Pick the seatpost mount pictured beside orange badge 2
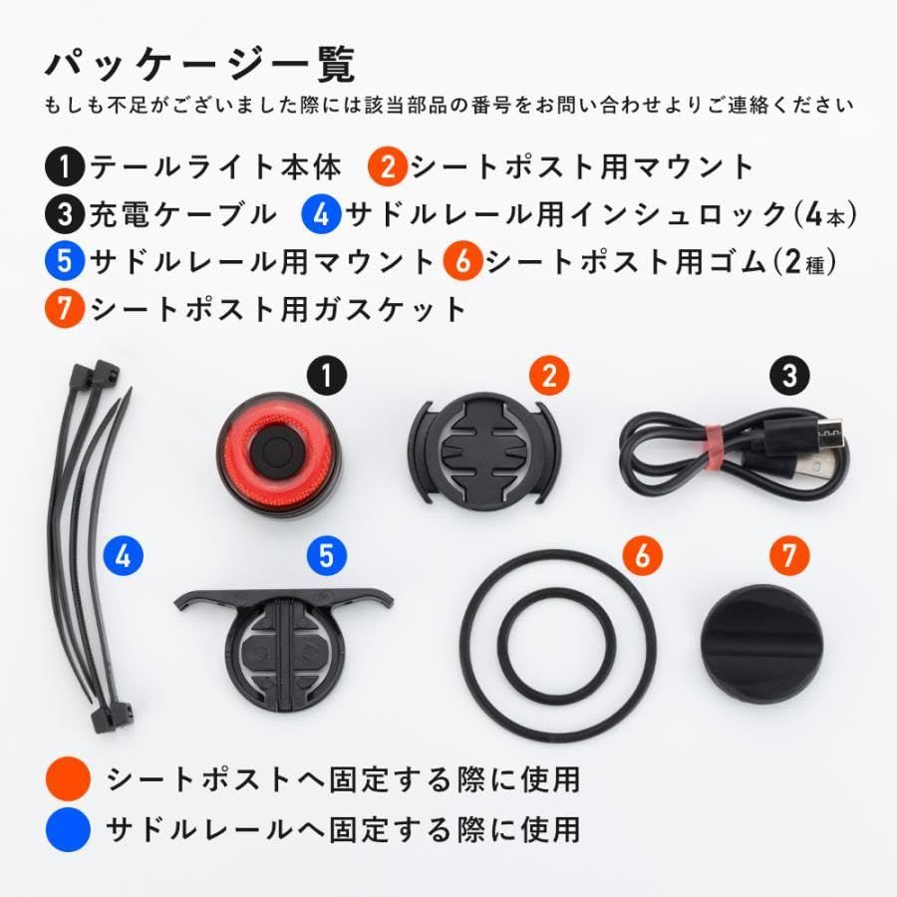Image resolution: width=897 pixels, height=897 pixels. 484,448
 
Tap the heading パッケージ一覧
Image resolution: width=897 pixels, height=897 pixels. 200,64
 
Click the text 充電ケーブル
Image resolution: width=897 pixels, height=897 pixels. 183,214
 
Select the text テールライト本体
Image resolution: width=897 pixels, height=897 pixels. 216,166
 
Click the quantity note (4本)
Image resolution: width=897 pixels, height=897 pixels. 825,215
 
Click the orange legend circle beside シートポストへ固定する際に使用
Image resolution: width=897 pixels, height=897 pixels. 68,778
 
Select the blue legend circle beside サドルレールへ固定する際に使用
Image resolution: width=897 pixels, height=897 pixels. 68,829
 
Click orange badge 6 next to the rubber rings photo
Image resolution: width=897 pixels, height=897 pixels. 643,555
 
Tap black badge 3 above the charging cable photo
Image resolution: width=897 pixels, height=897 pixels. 789,376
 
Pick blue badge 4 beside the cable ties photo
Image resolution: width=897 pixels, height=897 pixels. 123,555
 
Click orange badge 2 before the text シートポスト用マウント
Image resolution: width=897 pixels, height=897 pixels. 388,167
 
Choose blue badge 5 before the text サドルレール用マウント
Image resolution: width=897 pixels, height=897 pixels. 65,261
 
